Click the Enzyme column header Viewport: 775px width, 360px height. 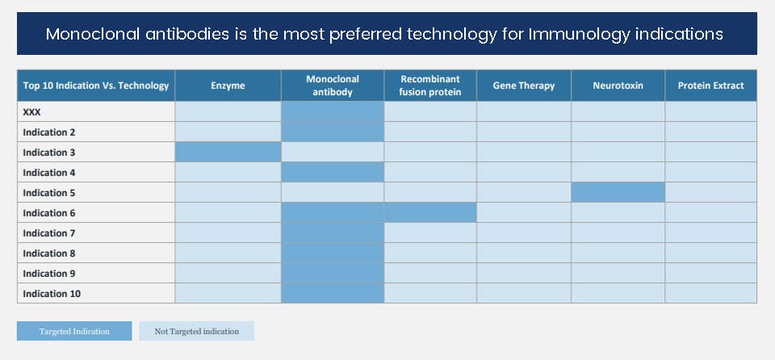click(x=228, y=86)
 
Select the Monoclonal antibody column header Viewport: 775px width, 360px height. click(x=332, y=86)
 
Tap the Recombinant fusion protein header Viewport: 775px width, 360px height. click(x=430, y=86)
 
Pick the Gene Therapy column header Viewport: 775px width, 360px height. click(x=523, y=86)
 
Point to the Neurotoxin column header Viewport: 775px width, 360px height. click(x=618, y=86)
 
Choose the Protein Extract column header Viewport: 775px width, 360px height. click(x=710, y=86)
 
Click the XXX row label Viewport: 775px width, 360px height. click(x=31, y=112)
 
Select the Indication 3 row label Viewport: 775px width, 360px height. click(x=49, y=153)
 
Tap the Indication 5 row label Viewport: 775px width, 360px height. click(x=49, y=193)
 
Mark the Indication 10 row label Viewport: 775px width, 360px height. click(x=52, y=294)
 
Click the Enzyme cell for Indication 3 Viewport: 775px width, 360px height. click(x=228, y=152)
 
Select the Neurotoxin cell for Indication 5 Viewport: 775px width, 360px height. click(x=618, y=192)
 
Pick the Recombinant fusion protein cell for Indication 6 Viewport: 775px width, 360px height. click(x=430, y=212)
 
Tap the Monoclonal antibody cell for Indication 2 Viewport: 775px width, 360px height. click(x=332, y=132)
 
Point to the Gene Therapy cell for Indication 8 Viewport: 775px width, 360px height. click(x=523, y=253)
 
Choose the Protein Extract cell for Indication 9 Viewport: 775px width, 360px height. click(x=710, y=273)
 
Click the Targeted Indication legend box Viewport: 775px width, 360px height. click(x=74, y=331)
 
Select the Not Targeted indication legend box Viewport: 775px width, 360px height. click(x=197, y=331)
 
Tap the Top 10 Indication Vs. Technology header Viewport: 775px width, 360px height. click(x=96, y=86)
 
